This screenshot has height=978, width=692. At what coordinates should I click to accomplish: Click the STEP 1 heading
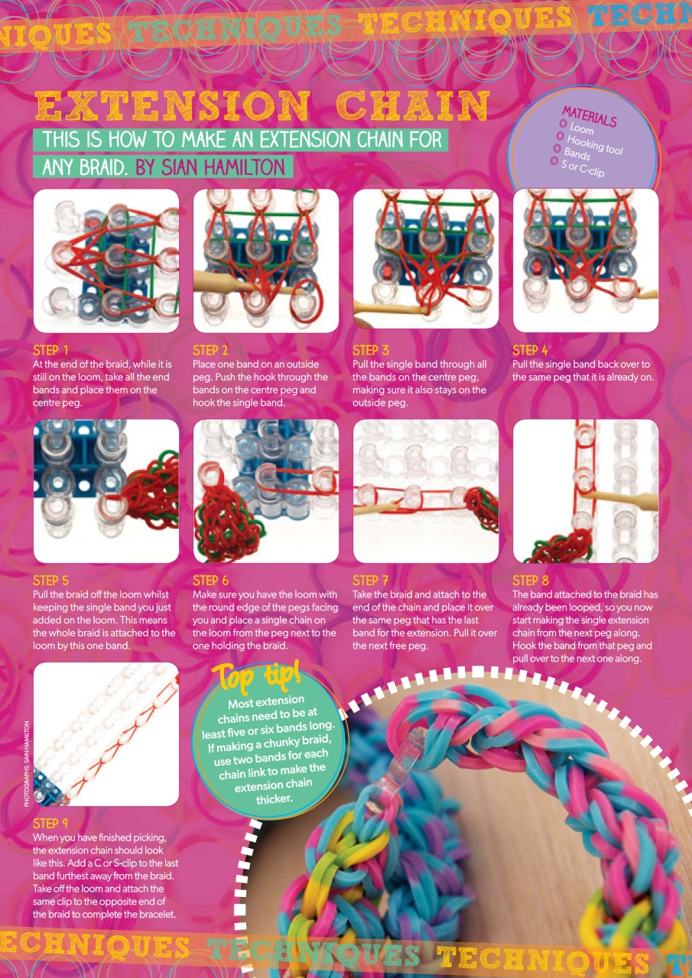point(51,351)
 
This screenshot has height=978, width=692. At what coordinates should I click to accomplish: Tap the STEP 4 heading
point(531,351)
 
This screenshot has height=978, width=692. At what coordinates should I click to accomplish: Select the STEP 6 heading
point(211,581)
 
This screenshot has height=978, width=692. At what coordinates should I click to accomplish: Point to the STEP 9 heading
point(51,824)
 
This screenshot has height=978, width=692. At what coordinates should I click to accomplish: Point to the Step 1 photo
point(106,261)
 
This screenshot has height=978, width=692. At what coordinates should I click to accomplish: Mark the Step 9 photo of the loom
point(106,734)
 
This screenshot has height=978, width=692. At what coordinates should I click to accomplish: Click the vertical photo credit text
point(26,764)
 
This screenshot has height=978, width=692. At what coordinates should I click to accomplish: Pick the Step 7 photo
point(426,491)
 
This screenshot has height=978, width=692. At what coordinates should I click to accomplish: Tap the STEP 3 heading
point(371,351)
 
